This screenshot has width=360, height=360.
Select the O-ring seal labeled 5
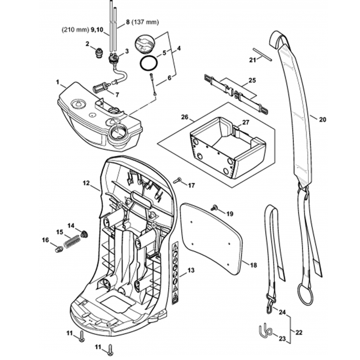click(x=148, y=64)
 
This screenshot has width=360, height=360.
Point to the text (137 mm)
click(x=146, y=22)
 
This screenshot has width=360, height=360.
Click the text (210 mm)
click(x=73, y=30)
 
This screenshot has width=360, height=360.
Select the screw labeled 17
click(x=177, y=180)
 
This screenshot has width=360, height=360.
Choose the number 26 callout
click(x=185, y=117)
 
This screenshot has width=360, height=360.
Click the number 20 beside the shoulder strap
click(x=322, y=119)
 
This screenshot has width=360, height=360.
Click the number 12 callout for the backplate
click(x=86, y=183)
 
